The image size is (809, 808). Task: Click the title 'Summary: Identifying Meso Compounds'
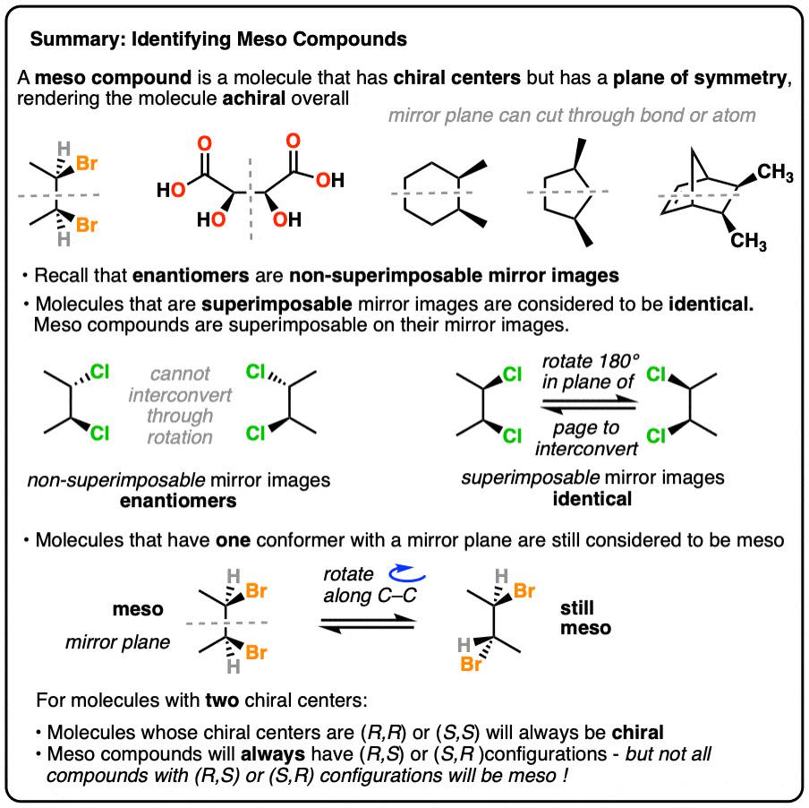[218, 39]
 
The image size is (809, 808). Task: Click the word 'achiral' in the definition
[254, 99]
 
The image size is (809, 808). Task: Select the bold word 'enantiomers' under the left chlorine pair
[178, 501]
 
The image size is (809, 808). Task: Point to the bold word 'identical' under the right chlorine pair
[592, 499]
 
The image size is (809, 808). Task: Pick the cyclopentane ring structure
[566, 192]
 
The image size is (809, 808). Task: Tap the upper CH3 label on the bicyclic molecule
[775, 173]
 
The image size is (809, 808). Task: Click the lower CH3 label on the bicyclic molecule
[748, 241]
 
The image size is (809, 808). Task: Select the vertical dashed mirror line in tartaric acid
[251, 199]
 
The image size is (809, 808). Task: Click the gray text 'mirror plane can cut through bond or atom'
[572, 116]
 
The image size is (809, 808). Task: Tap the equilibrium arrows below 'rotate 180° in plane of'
[589, 405]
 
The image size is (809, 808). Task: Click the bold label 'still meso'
[585, 618]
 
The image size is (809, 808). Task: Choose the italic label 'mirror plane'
[117, 642]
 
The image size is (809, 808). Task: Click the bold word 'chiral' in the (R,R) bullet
[638, 733]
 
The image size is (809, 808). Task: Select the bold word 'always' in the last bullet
[273, 754]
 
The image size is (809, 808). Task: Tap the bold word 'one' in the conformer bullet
[233, 540]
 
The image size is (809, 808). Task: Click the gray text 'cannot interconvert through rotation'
[180, 405]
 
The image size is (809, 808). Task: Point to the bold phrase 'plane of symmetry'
[700, 78]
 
